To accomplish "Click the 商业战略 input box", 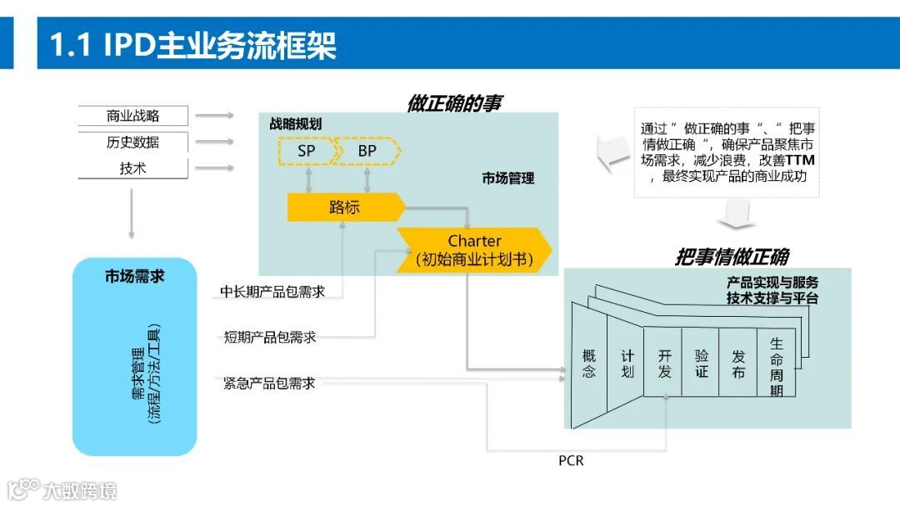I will tap(133, 116).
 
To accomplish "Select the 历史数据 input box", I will tap(133, 142).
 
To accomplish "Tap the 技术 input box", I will tap(133, 168).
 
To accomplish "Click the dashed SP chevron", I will tap(307, 151).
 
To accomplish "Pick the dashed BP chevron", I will tap(367, 151).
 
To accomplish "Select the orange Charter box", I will tap(474, 249).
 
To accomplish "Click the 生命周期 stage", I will tap(776, 366).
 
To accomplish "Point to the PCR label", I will tap(571, 460).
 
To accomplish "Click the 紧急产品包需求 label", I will tap(269, 384).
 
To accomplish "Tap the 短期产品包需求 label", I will tap(270, 338).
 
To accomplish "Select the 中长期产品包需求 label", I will tap(272, 292).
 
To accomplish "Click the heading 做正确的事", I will tap(455, 103).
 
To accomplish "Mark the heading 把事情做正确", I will tap(731, 257).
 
